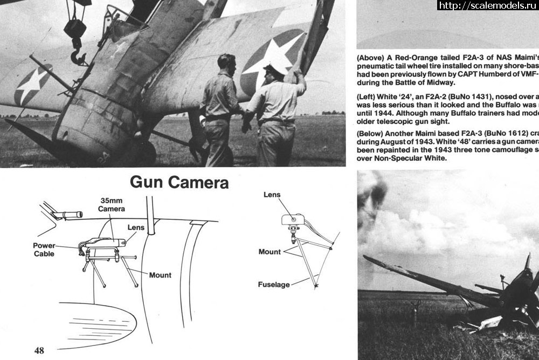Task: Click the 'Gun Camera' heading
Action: pyautogui.click(x=179, y=183)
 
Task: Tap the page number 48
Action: pyautogui.click(x=39, y=350)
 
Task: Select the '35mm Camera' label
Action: pyautogui.click(x=112, y=205)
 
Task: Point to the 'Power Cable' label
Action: pyautogui.click(x=44, y=250)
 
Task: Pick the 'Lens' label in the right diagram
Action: pyautogui.click(x=272, y=195)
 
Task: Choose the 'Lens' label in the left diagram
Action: pyautogui.click(x=136, y=227)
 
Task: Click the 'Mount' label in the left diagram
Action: pyautogui.click(x=160, y=275)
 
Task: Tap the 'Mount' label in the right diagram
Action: pyautogui.click(x=269, y=252)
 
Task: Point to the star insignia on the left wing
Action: pyautogui.click(x=32, y=85)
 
